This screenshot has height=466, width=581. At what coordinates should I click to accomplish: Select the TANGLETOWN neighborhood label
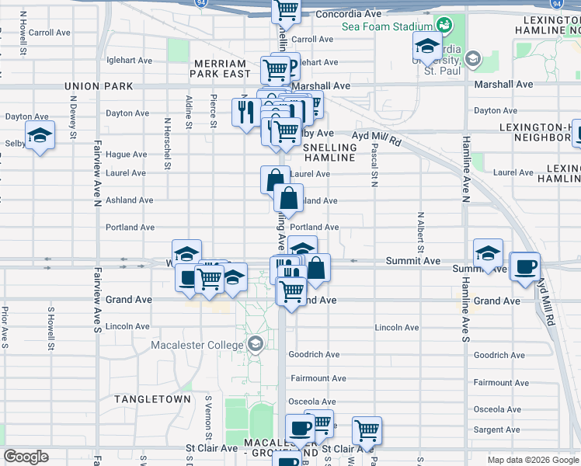point(152,398)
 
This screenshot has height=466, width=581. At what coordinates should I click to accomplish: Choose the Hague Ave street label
point(127,155)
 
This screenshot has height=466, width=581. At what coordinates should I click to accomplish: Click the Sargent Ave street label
point(497,429)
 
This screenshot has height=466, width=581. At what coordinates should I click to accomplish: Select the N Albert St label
point(419,231)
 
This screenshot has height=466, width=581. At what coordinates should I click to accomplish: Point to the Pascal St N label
point(374,165)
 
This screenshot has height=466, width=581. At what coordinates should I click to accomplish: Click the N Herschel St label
point(167,144)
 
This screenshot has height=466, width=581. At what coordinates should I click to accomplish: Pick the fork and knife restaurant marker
point(245,112)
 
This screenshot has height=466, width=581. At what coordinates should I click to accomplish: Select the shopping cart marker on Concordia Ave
point(286,9)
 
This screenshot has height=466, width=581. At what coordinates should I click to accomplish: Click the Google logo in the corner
point(26,457)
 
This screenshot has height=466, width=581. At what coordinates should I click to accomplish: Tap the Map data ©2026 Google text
point(533,460)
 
